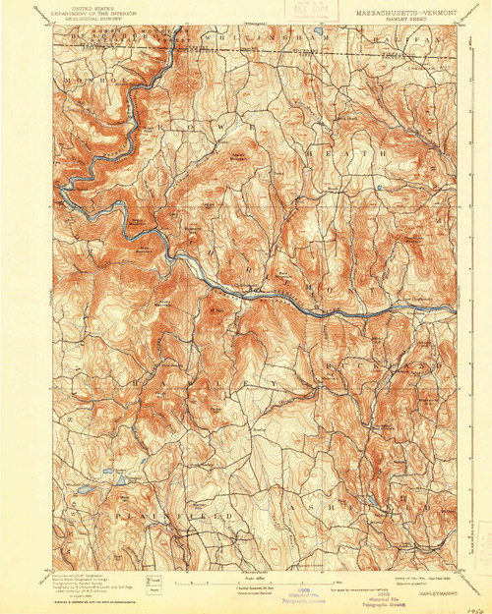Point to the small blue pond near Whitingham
click(319, 43)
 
